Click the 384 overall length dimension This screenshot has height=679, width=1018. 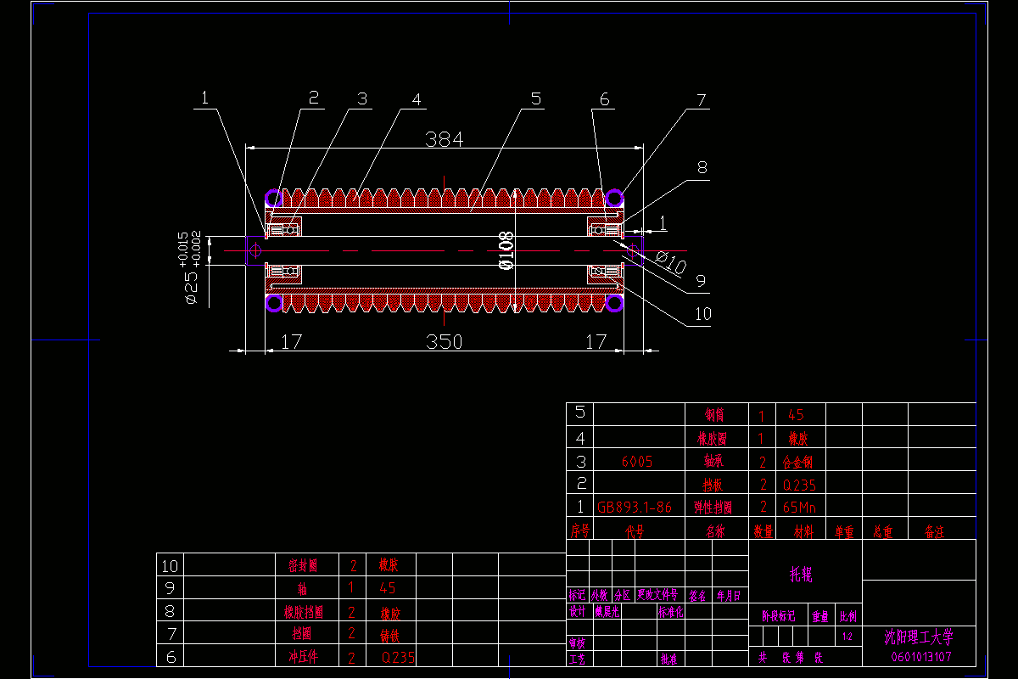tap(444, 139)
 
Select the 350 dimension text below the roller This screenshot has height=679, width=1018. tap(444, 341)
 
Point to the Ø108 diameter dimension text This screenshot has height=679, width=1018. tap(507, 250)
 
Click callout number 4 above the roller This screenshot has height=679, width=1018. tap(416, 99)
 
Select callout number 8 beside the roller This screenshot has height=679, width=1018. tap(702, 167)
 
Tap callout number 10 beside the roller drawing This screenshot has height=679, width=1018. tap(702, 314)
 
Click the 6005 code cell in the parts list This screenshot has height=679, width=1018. tap(637, 462)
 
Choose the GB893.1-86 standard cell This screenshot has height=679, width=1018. tap(635, 508)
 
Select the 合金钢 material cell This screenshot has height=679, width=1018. tap(797, 462)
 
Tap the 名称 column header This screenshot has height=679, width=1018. tap(715, 531)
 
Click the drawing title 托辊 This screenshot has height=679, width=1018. tap(802, 575)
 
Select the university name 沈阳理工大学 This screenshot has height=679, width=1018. tap(919, 637)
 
